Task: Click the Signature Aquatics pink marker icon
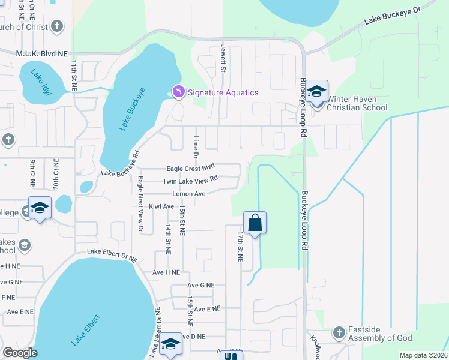click(x=178, y=92)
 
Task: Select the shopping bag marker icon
click(x=255, y=223)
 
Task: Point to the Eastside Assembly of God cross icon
click(x=339, y=332)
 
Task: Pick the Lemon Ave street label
click(x=189, y=194)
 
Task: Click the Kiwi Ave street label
click(x=161, y=206)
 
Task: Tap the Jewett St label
click(x=223, y=58)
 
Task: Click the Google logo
click(x=20, y=353)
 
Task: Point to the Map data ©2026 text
click(x=423, y=355)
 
